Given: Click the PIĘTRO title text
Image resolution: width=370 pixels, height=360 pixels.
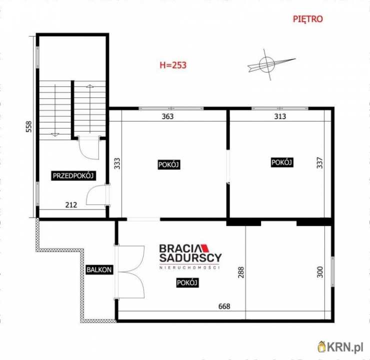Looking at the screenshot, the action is click(307, 19).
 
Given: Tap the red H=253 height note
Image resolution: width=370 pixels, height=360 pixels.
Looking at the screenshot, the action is click(173, 65).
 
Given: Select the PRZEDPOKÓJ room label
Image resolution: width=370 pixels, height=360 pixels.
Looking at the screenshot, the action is click(73, 176).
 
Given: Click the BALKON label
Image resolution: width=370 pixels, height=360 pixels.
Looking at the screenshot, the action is click(99, 269).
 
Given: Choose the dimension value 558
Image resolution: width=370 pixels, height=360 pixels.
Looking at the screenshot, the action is click(29, 126).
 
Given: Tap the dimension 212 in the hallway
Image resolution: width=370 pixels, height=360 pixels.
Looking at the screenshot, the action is click(71, 205).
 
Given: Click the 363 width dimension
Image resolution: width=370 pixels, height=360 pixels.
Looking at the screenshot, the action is click(168, 116).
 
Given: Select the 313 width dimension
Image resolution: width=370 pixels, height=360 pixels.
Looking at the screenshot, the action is click(280, 116).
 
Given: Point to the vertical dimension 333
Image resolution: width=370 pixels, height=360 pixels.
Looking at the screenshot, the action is click(117, 163).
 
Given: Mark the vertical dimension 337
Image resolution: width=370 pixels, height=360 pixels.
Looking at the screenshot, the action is click(319, 162).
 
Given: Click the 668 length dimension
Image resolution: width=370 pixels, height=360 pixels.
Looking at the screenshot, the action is click(224, 306).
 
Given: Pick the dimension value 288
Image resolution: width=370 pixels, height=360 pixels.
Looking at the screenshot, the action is click(241, 272).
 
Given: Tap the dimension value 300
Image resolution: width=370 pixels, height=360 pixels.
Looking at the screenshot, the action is click(319, 272).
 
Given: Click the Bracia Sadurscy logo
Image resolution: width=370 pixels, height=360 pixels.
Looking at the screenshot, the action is click(190, 256).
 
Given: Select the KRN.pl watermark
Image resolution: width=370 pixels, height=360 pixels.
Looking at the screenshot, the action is click(340, 347).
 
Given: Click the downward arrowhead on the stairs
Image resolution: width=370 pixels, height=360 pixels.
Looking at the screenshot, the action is click(55, 134).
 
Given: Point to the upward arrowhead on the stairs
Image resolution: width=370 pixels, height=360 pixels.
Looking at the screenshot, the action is click(89, 86).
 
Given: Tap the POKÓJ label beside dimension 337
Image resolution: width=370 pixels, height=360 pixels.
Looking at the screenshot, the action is click(282, 162).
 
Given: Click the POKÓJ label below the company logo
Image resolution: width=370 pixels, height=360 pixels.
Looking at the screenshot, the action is click(187, 282).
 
